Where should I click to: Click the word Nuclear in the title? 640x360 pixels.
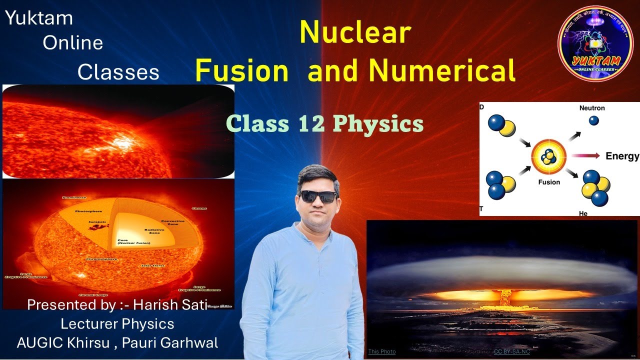coord(355,33)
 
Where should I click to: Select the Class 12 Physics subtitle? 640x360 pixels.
coord(324,123)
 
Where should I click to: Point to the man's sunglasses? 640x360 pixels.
coord(318,196)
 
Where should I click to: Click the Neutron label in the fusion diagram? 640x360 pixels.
coord(592,108)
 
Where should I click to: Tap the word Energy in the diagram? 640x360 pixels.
coord(622,156)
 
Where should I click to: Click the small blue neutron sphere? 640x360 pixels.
coord(593,120)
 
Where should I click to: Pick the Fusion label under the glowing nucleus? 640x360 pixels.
coord(549,182)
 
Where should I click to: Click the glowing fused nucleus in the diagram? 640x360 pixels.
coord(549,157)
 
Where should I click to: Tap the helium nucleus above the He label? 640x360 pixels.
coord(595,187)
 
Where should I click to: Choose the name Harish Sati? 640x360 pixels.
coord(178,304)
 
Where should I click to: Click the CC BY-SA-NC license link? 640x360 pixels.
coord(511,351)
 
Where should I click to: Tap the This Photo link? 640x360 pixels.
coord(381,351)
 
